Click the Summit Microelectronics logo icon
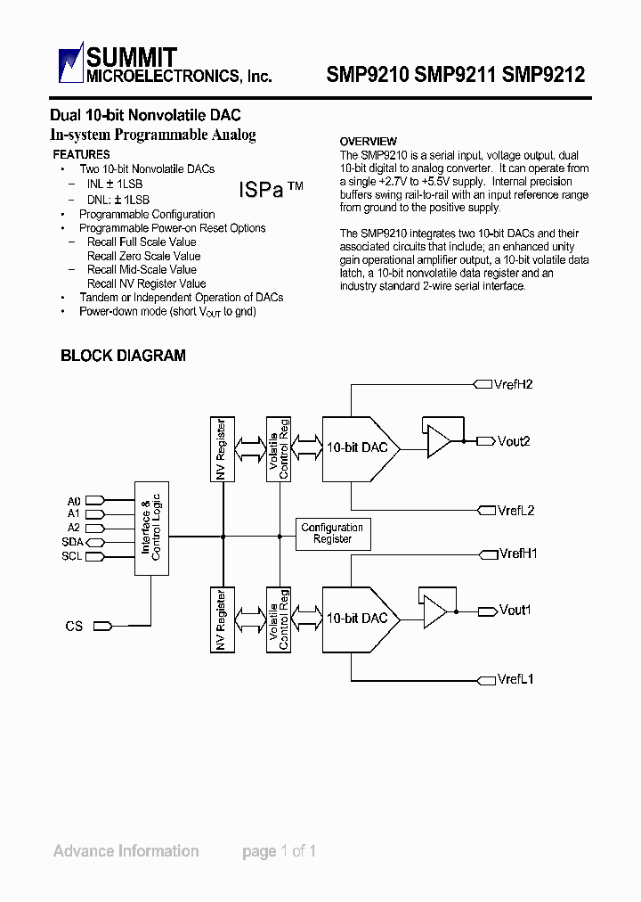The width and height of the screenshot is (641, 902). point(70,64)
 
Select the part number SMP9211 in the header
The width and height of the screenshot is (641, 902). point(452,75)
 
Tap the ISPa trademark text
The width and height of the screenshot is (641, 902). point(271,190)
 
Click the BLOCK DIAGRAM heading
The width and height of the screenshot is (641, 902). point(123,356)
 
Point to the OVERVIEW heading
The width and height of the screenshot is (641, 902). point(369,142)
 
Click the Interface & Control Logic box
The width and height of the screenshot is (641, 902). point(150,529)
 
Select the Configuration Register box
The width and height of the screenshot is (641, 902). point(332,534)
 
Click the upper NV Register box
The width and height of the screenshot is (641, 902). point(222,449)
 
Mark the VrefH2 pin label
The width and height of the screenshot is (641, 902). point(515,384)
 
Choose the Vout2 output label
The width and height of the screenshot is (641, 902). point(514,441)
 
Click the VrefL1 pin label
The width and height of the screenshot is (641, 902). point(515,679)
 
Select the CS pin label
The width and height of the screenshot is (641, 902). point(74,627)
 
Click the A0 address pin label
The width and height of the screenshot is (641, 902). point(74,501)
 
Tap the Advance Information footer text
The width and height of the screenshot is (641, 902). point(126,851)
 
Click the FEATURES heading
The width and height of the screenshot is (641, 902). point(82,155)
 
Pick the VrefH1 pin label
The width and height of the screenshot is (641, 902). point(517,553)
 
